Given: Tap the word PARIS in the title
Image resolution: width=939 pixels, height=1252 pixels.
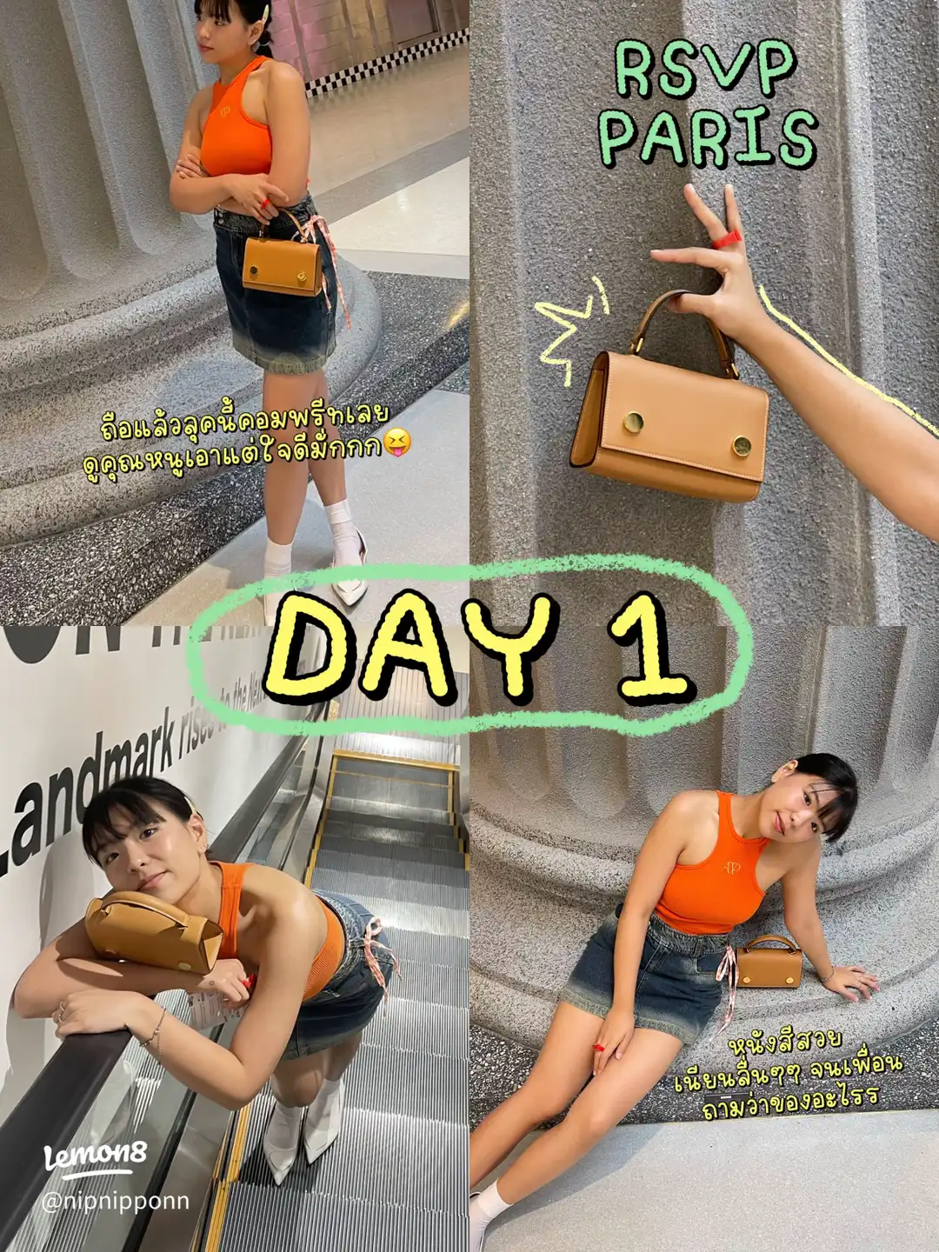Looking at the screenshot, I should pyautogui.click(x=709, y=137).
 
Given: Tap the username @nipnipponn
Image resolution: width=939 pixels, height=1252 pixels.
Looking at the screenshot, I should pyautogui.click(x=114, y=1202).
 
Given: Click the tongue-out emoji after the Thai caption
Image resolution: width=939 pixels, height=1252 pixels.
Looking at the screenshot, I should pyautogui.click(x=396, y=445).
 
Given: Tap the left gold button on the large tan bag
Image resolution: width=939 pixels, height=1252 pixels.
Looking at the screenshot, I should pyautogui.click(x=632, y=424).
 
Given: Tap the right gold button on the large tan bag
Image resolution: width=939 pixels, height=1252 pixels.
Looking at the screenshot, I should pyautogui.click(x=741, y=446).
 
